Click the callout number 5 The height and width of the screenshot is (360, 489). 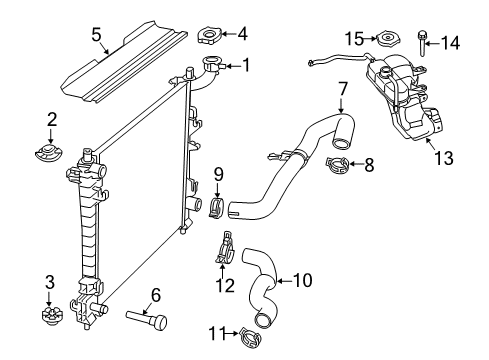coord(96,35)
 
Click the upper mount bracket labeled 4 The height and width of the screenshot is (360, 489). coord(212,37)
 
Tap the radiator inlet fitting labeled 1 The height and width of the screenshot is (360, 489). coord(213,68)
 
